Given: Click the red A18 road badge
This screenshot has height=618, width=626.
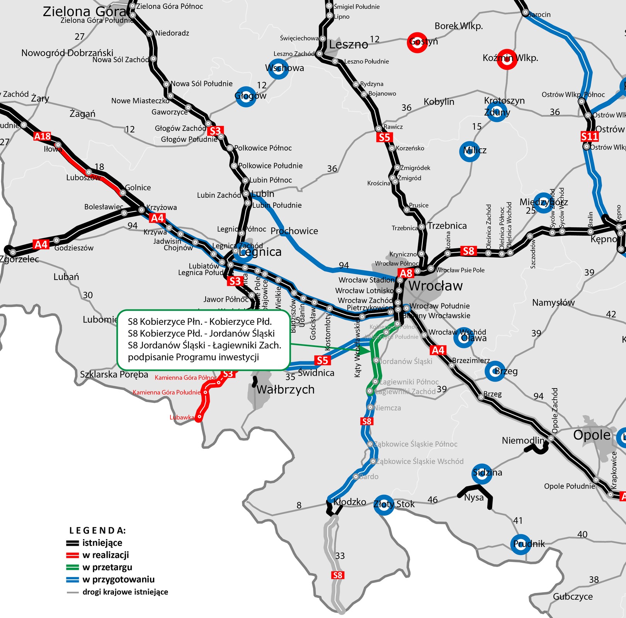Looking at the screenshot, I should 42,136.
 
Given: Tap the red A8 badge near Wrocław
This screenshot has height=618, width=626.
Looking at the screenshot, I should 406,273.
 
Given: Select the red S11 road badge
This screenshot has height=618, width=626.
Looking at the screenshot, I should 590,136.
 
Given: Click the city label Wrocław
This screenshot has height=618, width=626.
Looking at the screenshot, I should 435,286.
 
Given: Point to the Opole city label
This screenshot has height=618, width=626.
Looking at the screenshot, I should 592,435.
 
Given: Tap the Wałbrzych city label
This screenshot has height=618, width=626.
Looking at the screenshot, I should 286,389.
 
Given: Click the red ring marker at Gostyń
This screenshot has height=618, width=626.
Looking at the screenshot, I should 417,42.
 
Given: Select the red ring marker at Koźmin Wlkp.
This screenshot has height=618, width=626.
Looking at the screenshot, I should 507,59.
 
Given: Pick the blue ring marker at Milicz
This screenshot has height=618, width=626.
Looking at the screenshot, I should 469,151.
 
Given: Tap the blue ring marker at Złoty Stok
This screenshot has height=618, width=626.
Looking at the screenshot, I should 384,504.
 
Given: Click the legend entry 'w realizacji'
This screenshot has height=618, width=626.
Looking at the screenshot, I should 105,555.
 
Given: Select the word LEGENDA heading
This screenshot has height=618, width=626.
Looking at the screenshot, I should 97,530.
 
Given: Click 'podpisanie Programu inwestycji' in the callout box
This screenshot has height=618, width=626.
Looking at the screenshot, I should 193,357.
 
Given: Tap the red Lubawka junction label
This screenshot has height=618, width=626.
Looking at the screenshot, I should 182,417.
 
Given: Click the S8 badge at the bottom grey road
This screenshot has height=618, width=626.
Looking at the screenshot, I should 337,575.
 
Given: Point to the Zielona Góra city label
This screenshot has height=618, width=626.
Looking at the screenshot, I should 84,12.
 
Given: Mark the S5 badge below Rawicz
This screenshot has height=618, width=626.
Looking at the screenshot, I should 384,138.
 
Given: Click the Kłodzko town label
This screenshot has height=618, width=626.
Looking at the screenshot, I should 350,502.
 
